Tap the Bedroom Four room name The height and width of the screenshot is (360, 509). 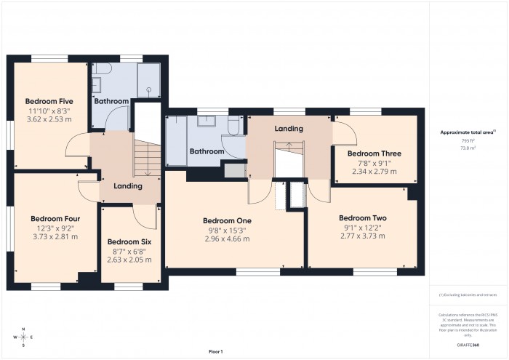point(55,218)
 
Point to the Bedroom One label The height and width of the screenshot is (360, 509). point(227,220)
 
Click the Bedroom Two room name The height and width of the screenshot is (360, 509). point(362,218)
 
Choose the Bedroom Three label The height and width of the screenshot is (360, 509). point(374,153)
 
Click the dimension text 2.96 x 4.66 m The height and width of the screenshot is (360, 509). point(227,239)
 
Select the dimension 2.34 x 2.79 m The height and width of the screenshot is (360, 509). point(374,172)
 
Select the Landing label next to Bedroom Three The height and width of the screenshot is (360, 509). point(289,128)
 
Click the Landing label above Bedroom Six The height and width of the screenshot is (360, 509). point(128,186)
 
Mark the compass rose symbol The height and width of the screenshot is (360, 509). point(24,337)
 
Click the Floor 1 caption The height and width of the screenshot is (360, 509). point(216,351)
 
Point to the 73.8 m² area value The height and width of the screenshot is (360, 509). point(468,148)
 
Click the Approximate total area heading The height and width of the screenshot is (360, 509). point(468,132)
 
